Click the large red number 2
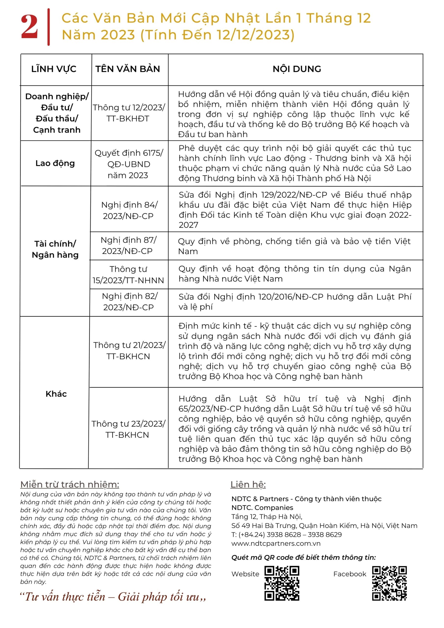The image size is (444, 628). tap(29, 26)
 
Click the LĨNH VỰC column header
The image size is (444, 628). tap(54, 69)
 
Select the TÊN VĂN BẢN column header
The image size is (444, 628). tap(128, 69)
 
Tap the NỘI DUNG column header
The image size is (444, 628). tap(297, 69)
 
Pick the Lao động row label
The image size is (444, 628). tap(55, 163)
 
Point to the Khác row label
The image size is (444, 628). tap(56, 394)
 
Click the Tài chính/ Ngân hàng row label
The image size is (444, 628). tap(55, 249)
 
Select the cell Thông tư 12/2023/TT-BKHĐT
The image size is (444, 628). tap(129, 113)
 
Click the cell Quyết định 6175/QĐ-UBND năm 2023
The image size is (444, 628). tap(129, 164)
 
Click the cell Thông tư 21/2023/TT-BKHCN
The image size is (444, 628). tap(129, 351)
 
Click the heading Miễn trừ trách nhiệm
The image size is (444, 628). tap(70, 484)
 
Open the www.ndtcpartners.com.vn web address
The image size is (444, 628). tap(276, 543)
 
